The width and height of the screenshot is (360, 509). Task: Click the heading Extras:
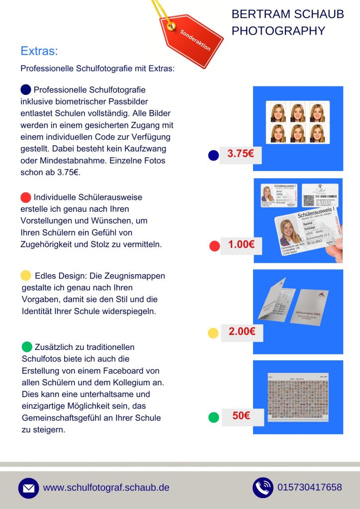coord(39,51)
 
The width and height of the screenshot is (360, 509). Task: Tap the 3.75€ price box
coord(241,154)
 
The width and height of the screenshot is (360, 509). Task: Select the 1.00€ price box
coord(241,244)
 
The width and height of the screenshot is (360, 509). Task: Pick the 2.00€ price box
coord(242,332)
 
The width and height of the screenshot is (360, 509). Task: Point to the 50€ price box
coord(241,416)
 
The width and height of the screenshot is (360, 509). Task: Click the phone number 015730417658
coord(310,487)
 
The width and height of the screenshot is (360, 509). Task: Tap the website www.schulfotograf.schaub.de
coord(106,488)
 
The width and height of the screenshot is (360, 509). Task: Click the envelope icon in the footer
coord(28,488)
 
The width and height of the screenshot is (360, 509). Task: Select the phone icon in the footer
coord(263,488)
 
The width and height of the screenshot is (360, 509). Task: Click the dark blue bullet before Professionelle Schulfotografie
coord(26,89)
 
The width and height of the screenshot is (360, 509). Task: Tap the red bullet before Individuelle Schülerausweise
coord(26,197)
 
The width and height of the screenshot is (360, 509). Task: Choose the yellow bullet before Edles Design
coord(26,275)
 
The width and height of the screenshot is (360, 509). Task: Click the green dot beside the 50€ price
coord(213,418)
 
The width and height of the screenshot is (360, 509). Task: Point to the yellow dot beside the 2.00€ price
coord(213,333)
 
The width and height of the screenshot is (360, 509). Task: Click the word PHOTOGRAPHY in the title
coord(278,31)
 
